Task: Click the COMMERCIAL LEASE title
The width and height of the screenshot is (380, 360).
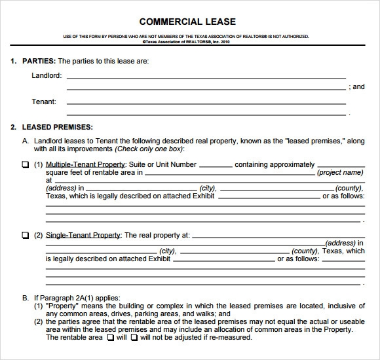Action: (x=191, y=21)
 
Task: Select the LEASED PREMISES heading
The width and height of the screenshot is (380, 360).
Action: (x=57, y=126)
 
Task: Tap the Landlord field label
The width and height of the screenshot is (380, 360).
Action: (x=47, y=75)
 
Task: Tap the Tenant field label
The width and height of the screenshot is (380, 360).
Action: (x=44, y=101)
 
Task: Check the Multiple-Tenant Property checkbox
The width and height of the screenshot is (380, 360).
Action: (x=25, y=165)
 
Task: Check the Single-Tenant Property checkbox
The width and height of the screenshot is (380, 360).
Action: (x=25, y=235)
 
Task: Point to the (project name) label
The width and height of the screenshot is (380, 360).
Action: (x=339, y=173)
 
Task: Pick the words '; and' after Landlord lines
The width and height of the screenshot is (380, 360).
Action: (x=356, y=86)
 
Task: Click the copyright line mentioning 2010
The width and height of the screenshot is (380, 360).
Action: (x=190, y=41)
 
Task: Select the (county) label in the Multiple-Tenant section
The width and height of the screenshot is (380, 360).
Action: (x=304, y=188)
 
